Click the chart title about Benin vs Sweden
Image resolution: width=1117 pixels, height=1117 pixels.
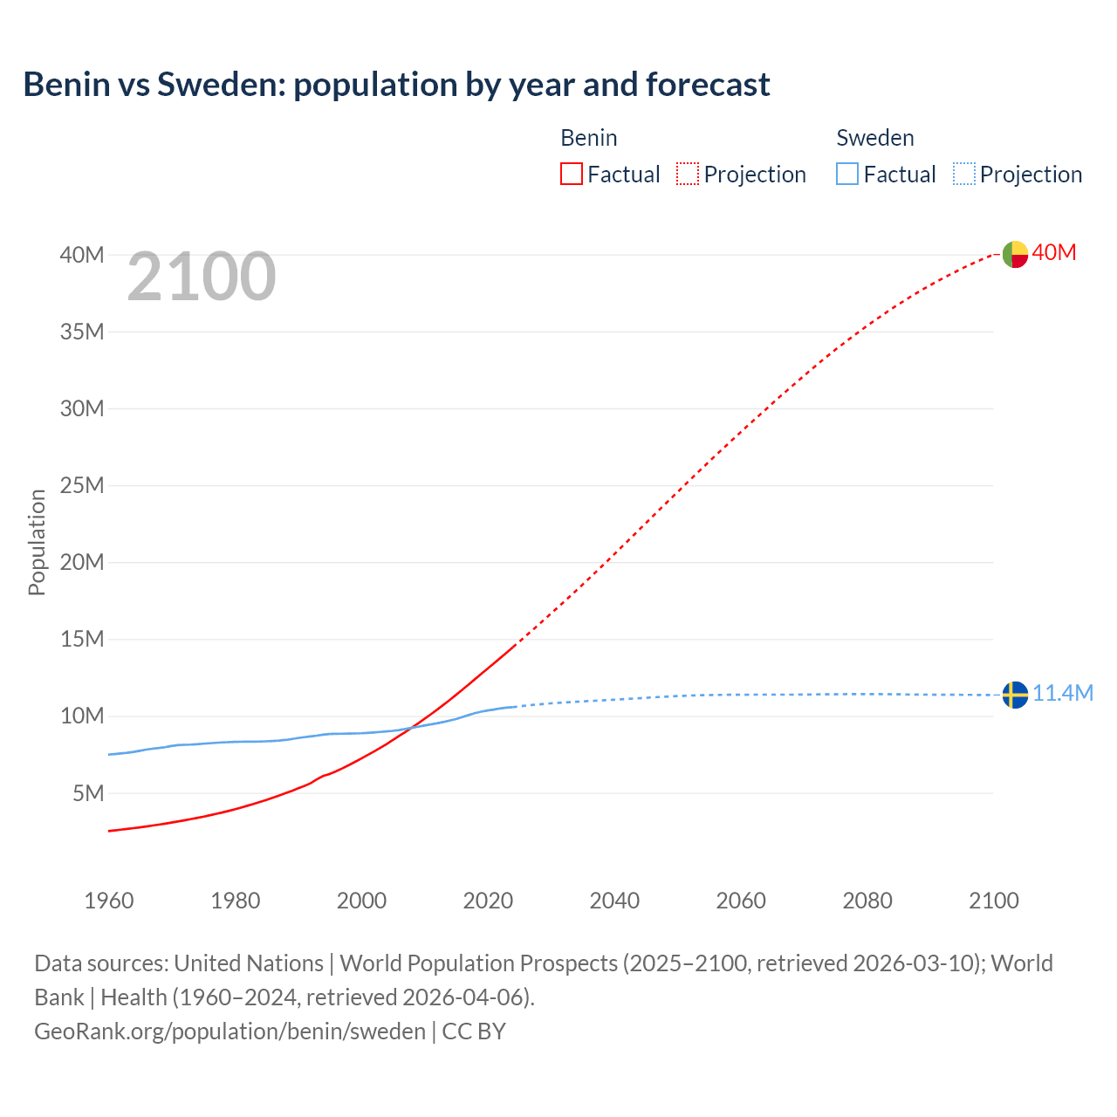click(396, 85)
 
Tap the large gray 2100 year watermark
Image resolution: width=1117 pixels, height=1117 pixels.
click(202, 277)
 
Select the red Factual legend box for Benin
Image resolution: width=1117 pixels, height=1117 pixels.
click(571, 174)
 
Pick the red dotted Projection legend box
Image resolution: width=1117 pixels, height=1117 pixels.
click(688, 174)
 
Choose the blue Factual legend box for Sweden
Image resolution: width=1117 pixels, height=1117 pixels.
click(847, 174)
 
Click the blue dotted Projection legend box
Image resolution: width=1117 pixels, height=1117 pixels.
click(964, 174)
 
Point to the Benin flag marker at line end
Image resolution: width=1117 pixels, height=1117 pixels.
click(1015, 254)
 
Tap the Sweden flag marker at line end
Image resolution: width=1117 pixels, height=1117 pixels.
click(1015, 695)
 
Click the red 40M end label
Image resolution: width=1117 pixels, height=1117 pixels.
click(1054, 252)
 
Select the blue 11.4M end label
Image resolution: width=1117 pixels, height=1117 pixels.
click(1063, 693)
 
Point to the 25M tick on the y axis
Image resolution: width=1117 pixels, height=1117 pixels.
click(82, 485)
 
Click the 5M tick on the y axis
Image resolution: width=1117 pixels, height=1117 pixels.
click(88, 793)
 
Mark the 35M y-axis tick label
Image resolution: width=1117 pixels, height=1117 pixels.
click(82, 332)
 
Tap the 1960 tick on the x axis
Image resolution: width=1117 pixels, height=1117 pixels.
click(109, 901)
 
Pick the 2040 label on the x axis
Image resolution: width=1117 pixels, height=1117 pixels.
click(614, 901)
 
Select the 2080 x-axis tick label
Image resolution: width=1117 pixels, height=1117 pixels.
click(867, 901)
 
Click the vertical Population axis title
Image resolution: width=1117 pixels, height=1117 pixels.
click(37, 542)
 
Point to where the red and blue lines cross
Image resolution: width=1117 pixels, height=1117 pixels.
click(411, 727)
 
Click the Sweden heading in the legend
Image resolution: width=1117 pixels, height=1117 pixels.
click(875, 138)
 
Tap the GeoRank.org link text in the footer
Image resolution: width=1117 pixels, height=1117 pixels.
click(230, 1031)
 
